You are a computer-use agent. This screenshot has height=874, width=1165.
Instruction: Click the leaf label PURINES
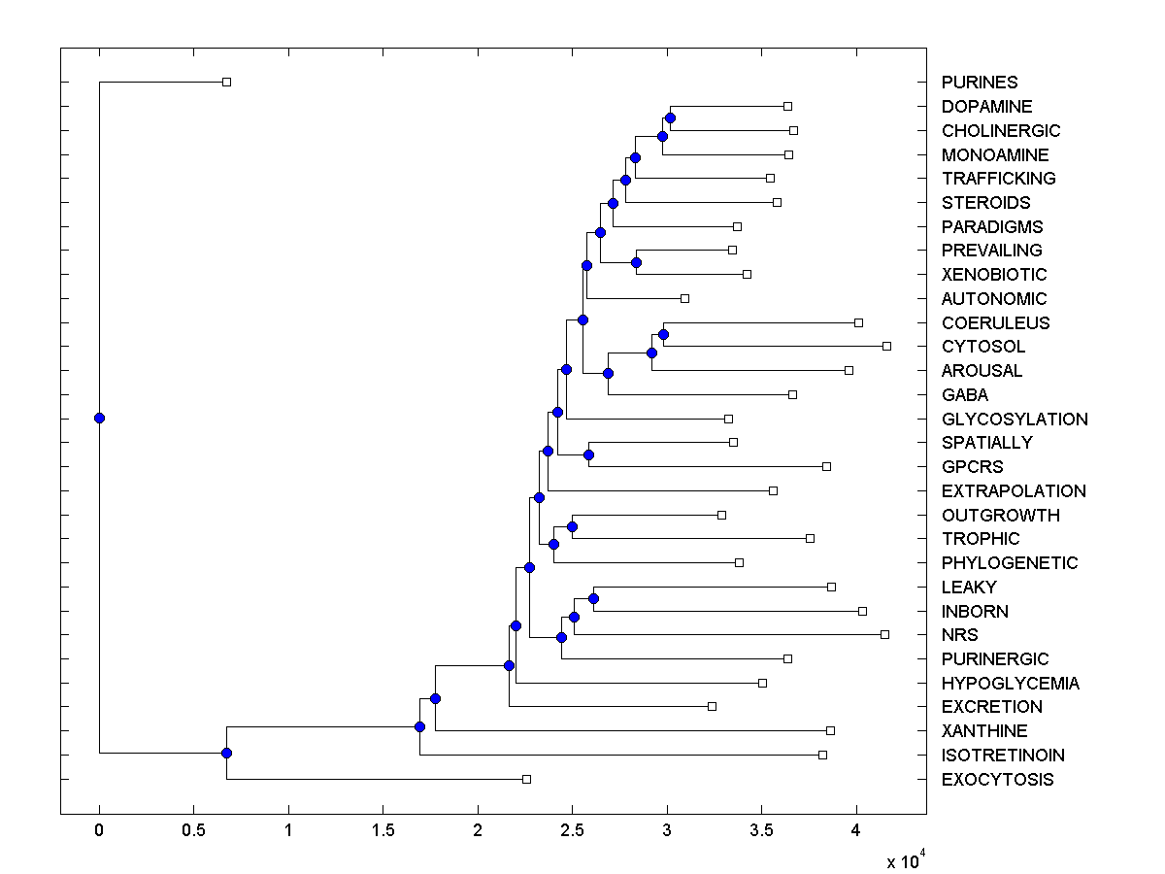tap(979, 83)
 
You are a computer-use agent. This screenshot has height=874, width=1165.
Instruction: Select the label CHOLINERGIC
tap(1000, 130)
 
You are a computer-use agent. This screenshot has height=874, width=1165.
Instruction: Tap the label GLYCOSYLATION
tap(1015, 419)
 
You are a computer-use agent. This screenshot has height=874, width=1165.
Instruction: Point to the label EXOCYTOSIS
tap(997, 779)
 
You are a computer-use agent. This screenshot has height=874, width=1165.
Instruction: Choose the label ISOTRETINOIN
tap(1003, 755)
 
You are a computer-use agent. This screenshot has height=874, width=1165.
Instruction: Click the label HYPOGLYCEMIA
tap(1010, 683)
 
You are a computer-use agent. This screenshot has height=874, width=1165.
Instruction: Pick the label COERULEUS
tap(995, 322)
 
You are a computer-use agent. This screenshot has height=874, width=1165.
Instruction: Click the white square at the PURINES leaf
tap(226, 82)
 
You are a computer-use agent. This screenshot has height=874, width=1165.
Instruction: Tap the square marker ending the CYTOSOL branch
tap(886, 346)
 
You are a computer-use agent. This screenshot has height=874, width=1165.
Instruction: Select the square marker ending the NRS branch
tap(884, 634)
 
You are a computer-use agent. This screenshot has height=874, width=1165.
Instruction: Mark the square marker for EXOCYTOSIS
tap(526, 779)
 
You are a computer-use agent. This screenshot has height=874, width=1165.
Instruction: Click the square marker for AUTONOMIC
tap(684, 298)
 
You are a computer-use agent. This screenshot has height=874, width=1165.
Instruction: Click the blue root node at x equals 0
tap(99, 418)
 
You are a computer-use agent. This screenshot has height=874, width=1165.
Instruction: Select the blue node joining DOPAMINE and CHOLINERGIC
tap(670, 118)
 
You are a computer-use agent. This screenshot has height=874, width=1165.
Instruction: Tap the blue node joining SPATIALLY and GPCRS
tap(588, 454)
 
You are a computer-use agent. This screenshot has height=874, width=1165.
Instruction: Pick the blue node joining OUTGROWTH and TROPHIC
tap(572, 526)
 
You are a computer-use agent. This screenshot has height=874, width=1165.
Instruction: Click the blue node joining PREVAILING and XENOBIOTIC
tap(636, 262)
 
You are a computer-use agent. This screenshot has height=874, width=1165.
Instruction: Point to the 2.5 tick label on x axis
tap(572, 830)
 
